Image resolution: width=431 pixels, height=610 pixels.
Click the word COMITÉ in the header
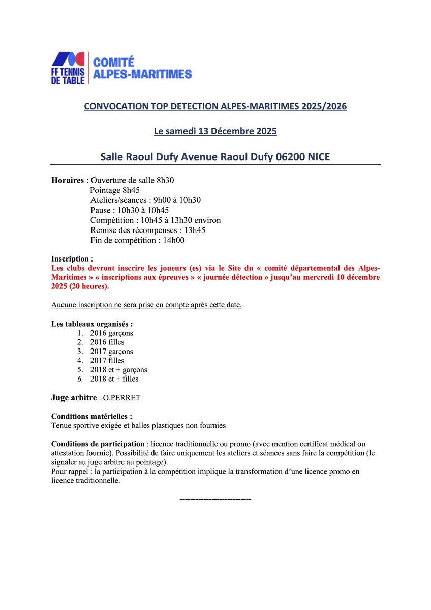point(113,62)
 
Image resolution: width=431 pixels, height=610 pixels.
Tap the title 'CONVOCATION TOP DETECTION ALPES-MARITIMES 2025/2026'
point(216,107)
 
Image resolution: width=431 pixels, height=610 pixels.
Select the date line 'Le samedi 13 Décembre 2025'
point(216,131)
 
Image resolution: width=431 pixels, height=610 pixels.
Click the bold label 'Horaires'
point(68,181)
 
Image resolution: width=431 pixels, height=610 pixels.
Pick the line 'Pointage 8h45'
point(115,190)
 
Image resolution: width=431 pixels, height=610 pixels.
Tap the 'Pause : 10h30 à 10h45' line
point(130,210)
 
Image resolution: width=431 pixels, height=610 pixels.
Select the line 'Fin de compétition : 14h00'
point(137,240)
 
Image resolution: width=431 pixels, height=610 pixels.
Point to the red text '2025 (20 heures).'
point(80,286)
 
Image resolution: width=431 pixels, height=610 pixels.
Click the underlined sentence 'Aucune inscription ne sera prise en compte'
point(146,305)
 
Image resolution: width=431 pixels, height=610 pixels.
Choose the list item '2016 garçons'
point(111,333)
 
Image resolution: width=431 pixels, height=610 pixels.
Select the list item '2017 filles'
point(107,361)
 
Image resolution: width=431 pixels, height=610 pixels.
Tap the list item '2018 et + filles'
point(114,379)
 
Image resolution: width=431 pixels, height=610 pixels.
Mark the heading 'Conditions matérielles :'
point(91,416)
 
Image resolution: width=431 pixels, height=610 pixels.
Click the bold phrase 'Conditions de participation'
point(98,444)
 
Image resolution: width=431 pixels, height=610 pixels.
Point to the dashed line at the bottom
point(216,499)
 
